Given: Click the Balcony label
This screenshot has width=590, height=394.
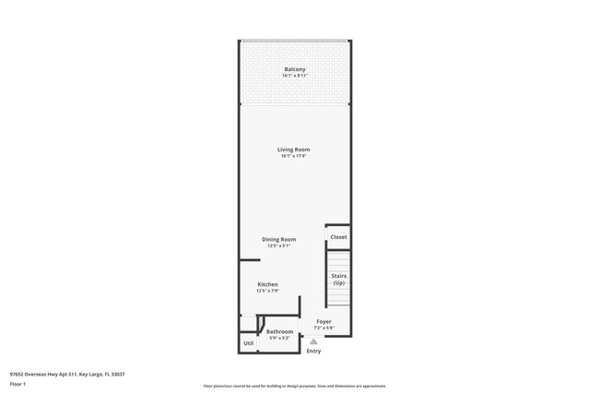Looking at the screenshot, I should click(295, 69).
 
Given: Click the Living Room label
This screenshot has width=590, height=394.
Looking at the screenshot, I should click(294, 149).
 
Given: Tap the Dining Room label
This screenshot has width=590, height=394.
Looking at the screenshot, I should click(278, 239).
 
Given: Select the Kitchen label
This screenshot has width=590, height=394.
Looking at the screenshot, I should click(267, 284).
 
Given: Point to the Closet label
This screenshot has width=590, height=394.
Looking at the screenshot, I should click(338, 237).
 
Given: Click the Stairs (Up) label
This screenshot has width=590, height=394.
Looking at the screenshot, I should click(338, 279).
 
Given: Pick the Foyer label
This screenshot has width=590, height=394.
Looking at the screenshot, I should click(324, 321).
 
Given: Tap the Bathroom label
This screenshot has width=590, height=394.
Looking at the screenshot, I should click(280, 331).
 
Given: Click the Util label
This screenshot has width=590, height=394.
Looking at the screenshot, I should click(248, 343).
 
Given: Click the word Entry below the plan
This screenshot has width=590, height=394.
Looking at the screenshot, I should click(313, 351).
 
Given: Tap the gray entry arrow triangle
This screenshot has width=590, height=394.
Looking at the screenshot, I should click(313, 340).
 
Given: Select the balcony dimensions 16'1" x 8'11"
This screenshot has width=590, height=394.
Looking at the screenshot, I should click(295, 76).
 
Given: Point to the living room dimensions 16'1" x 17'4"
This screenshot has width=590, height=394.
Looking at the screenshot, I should click(294, 156).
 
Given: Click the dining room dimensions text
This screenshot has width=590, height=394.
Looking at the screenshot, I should click(278, 245).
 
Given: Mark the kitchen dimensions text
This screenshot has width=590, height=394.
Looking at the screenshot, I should click(267, 291).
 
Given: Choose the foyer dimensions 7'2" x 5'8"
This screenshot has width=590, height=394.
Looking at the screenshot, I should click(324, 328).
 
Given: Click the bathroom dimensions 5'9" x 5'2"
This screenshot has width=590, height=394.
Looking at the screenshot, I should click(280, 338).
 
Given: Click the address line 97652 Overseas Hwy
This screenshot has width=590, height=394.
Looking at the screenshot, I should click(66, 374).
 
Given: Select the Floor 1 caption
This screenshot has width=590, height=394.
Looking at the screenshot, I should click(18, 382).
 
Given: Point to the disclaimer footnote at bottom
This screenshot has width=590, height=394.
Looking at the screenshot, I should click(295, 386).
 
